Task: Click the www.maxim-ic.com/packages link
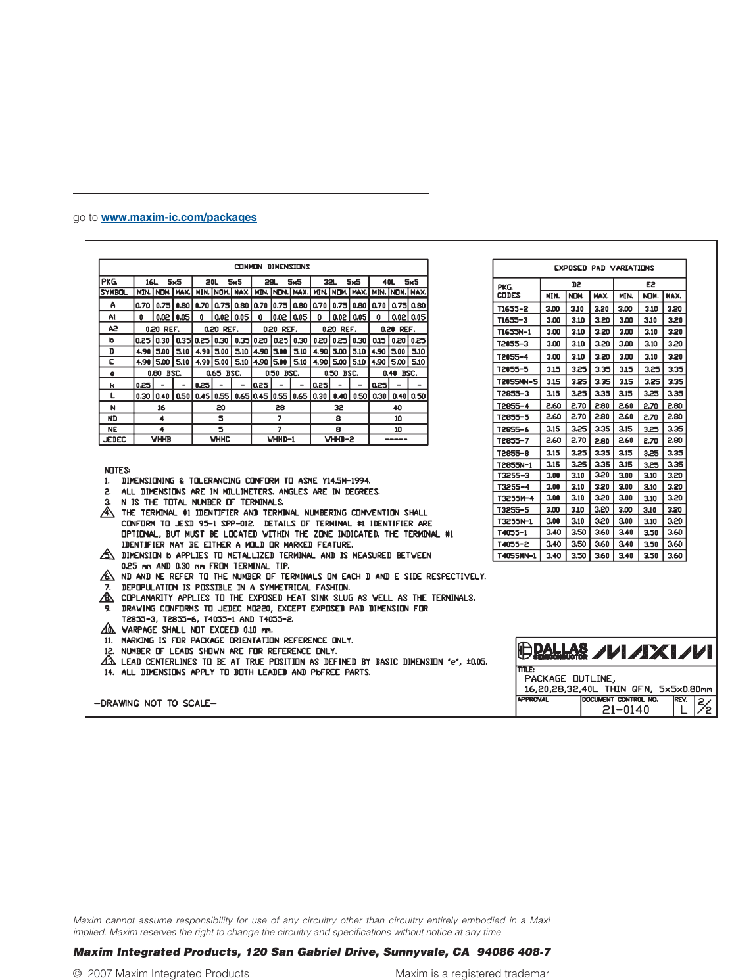click(x=179, y=218)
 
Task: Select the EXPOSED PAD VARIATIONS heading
click(x=604, y=268)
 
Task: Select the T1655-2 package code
click(x=513, y=308)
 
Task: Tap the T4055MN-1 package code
click(x=516, y=556)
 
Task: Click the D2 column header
click(x=576, y=285)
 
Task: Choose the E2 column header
click(x=650, y=285)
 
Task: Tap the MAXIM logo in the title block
click(x=652, y=651)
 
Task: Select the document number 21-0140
click(x=625, y=710)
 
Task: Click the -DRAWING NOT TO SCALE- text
click(x=155, y=703)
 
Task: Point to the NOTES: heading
click(x=117, y=470)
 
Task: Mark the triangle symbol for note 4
click(x=107, y=513)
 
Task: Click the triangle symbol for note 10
click(x=108, y=630)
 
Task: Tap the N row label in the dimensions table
click(x=112, y=408)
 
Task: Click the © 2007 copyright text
click(x=161, y=973)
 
